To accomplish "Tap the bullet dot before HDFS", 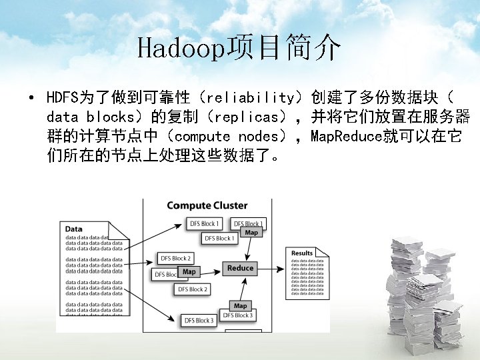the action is tap(31, 99).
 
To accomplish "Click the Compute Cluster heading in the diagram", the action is tap(207, 205).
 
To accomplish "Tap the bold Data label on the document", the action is tap(74, 229).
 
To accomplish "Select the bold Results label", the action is tap(302, 253).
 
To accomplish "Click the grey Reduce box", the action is tap(240, 268).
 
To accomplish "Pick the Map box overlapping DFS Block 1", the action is tap(251, 233).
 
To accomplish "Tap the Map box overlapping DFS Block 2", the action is tap(189, 271).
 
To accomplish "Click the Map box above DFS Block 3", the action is tap(240, 306).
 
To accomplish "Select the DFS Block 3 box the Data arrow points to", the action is tap(199, 321).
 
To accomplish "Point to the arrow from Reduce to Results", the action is tap(273, 267).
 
